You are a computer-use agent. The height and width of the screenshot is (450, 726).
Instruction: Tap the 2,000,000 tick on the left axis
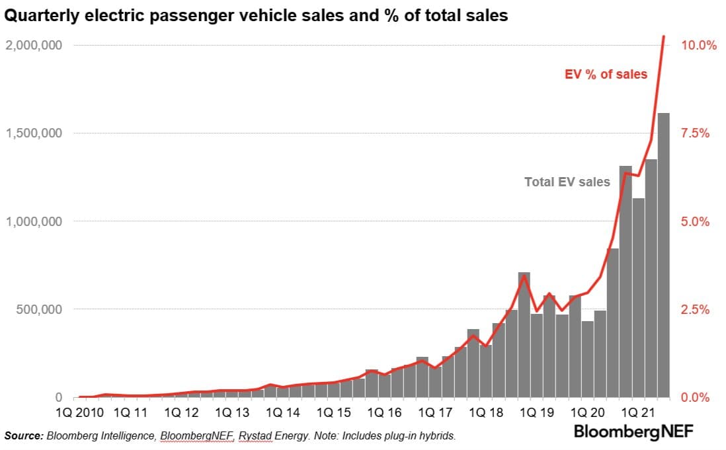coord(34,46)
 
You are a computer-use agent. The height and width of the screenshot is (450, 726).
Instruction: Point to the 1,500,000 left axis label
coord(34,133)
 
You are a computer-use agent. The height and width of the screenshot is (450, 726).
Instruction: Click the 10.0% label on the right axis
coord(699,46)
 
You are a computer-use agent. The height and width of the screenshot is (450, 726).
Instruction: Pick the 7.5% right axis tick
coord(696,133)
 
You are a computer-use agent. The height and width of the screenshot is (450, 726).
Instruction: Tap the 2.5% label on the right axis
coord(696,309)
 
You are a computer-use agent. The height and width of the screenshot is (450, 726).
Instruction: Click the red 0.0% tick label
coord(696,397)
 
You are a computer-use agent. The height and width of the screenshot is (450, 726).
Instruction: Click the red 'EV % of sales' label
coord(606,75)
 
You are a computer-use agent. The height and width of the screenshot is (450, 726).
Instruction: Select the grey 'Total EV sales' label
coord(567,182)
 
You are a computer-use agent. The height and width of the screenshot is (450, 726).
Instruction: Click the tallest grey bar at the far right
coord(663,258)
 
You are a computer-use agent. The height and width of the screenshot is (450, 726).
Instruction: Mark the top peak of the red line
coord(663,36)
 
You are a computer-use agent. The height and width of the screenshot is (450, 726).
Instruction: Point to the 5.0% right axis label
coord(696,221)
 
